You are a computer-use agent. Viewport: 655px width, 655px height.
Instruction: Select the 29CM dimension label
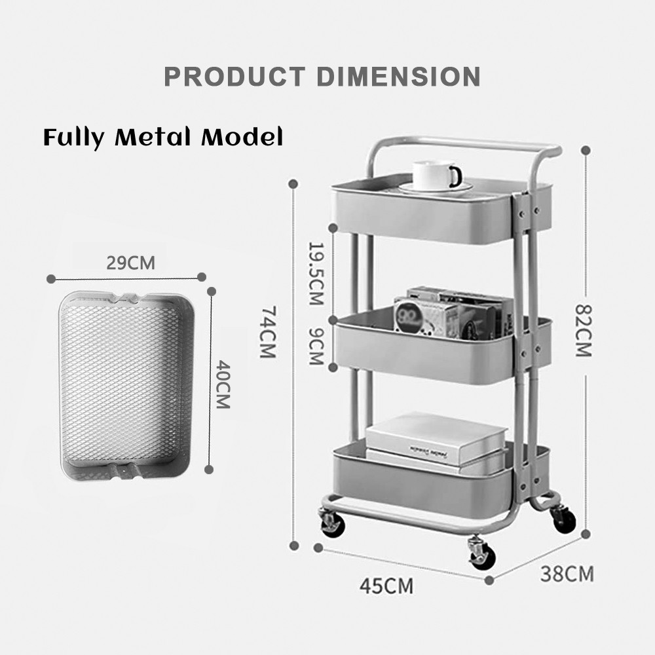tap(131, 263)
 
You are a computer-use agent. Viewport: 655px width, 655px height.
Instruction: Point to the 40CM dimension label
tap(223, 384)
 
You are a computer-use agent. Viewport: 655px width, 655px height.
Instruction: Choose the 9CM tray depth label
tap(316, 347)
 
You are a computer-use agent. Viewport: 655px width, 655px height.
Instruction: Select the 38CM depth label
tap(567, 574)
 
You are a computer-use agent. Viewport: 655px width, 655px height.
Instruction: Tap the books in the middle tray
tap(452, 313)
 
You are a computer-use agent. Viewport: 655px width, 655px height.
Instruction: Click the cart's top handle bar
tap(458, 144)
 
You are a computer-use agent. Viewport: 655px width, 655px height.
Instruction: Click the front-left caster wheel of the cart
tap(331, 523)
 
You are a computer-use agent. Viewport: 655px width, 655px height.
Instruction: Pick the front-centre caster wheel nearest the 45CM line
tap(481, 554)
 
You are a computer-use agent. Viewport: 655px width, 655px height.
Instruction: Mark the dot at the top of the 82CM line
tap(586, 150)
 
